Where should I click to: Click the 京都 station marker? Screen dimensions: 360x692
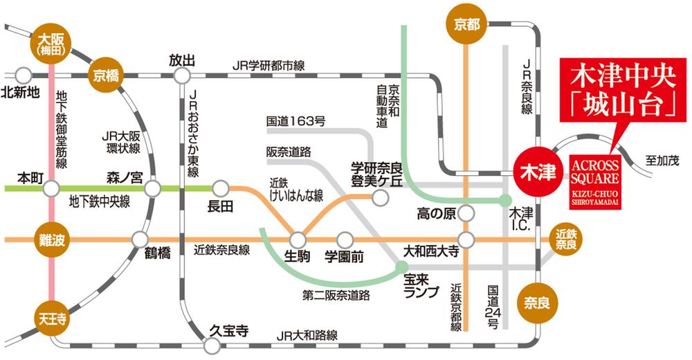coord(466,25)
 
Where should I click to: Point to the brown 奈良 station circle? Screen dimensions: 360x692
coord(536,302)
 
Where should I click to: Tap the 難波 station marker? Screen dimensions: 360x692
coord(52,240)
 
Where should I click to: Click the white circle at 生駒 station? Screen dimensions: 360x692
coord(298,240)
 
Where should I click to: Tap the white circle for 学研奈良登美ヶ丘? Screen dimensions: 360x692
coord(379,197)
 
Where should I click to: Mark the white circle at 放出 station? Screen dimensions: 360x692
coord(183,75)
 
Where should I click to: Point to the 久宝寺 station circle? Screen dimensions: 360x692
coord(212,344)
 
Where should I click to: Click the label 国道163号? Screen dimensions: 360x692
coord(295,121)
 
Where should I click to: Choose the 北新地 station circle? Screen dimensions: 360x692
coord(24,75)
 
